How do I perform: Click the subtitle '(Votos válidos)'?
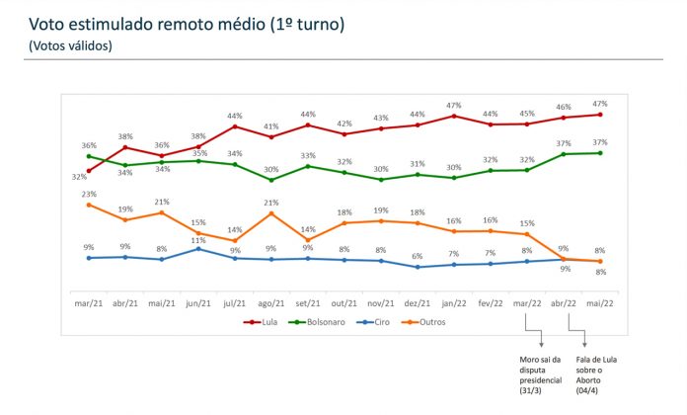tap(70, 45)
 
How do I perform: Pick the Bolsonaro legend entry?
tap(317, 321)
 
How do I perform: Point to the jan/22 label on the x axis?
tap(454, 305)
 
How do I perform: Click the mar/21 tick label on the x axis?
tap(89, 305)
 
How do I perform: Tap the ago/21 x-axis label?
tap(271, 305)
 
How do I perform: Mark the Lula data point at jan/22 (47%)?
tap(454, 116)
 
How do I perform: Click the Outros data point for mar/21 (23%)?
tap(89, 205)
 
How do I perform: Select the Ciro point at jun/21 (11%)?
tap(198, 249)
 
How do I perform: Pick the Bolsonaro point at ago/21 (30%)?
tap(271, 180)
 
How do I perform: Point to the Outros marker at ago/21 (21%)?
tap(271, 213)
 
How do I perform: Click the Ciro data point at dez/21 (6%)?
tap(418, 267)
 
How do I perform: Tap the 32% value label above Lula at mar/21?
tap(79, 178)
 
